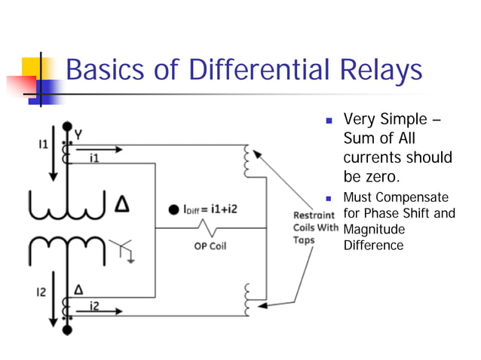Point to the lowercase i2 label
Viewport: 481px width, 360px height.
(94, 304)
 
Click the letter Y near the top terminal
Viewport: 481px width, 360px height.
(78, 134)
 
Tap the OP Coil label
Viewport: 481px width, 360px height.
(208, 246)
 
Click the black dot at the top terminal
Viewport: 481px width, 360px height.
(67, 126)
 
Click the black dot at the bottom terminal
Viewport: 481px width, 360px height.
(67, 330)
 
